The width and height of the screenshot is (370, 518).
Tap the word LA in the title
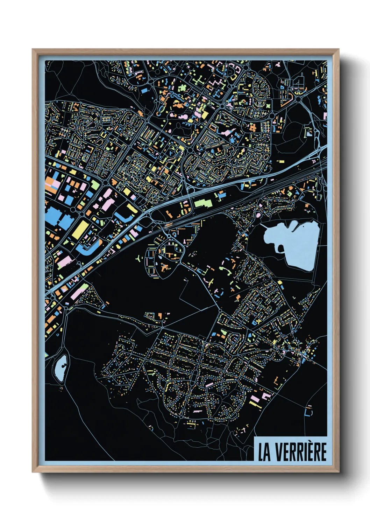pos(264,452)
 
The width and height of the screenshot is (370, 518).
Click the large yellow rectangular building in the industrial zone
pos(80,229)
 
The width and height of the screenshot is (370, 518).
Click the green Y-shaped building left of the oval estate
pos(140,259)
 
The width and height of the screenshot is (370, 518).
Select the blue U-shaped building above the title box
pos(308,412)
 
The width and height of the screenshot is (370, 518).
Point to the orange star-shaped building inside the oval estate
pos(164,268)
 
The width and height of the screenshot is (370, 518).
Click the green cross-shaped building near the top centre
pos(199,81)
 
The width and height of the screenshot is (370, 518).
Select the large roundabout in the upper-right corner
pos(298,99)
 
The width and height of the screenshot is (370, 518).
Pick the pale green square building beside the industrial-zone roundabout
pos(95,185)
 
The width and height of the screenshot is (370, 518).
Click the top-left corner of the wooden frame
pos(33,50)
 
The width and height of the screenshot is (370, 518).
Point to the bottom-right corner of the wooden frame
pos(338,471)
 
